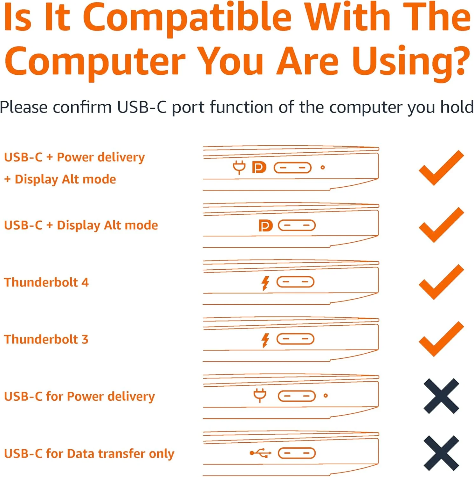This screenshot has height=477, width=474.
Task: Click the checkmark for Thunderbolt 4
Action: pyautogui.click(x=441, y=282)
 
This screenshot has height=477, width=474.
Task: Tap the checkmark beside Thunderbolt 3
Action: pyautogui.click(x=441, y=339)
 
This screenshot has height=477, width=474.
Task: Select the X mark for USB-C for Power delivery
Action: pyautogui.click(x=441, y=396)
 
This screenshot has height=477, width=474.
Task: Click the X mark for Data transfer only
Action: pyautogui.click(x=441, y=453)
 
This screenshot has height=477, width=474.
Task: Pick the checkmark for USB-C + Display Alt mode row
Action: pyautogui.click(x=441, y=225)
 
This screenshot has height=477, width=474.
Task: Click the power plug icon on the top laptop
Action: pyautogui.click(x=239, y=167)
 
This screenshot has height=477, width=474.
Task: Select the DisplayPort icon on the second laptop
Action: pyautogui.click(x=265, y=226)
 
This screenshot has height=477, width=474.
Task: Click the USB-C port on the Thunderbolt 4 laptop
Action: pyautogui.click(x=295, y=282)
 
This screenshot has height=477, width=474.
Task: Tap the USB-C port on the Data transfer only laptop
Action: pyautogui.click(x=297, y=453)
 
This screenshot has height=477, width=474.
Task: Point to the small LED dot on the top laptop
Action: pyautogui.click(x=323, y=168)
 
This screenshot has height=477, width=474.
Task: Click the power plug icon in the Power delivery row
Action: pyautogui.click(x=260, y=396)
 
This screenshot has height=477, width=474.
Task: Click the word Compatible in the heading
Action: pyautogui.click(x=187, y=17)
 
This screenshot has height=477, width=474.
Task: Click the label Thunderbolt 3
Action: pyautogui.click(x=46, y=339)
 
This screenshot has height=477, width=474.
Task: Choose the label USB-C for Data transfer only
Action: pyautogui.click(x=89, y=453)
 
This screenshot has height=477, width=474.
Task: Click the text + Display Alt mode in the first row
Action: pyautogui.click(x=60, y=179)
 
